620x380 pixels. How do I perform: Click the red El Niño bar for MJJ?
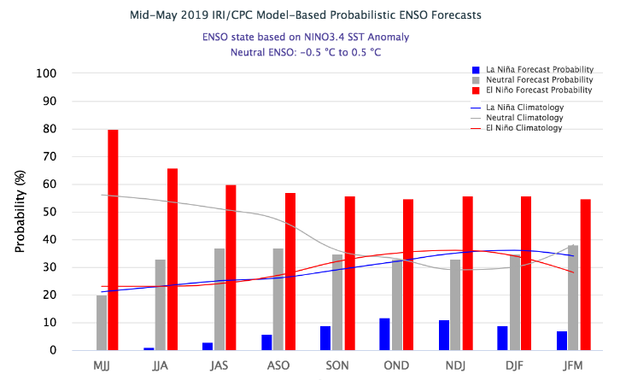[x=113, y=240]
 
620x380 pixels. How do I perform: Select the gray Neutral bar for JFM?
[x=573, y=298]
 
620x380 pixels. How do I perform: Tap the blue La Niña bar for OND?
[x=384, y=335]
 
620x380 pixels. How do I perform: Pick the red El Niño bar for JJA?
[x=173, y=260]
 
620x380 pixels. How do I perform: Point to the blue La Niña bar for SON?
[x=325, y=338]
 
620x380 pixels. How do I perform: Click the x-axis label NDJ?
[x=456, y=366]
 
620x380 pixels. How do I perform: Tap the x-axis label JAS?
[x=219, y=366]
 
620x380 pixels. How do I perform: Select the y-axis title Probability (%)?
[x=19, y=213]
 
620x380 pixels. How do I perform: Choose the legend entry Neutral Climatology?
[x=523, y=117]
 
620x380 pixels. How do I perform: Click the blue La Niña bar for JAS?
[x=208, y=347]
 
